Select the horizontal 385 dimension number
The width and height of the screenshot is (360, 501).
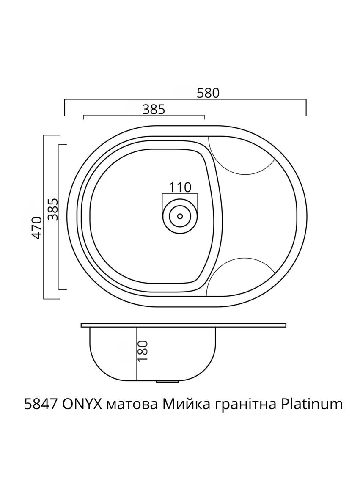tap(153, 109)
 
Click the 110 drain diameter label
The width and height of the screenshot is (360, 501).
tap(180, 187)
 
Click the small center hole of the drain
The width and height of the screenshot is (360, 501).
tap(180, 216)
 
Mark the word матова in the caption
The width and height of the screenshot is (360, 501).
tap(125, 405)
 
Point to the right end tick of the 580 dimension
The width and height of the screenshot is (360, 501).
tap(306, 107)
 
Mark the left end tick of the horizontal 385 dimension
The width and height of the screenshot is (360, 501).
tap(83, 117)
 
